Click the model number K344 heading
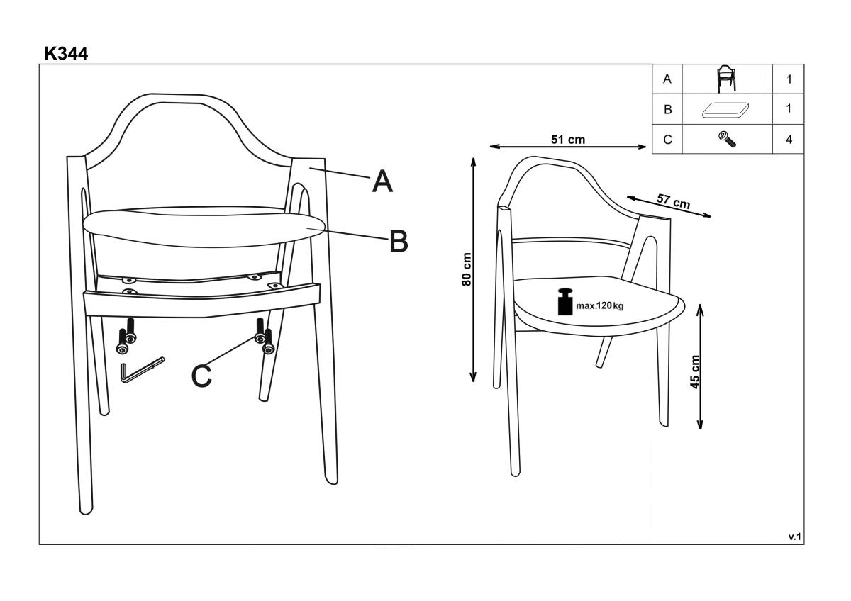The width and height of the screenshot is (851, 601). [x=66, y=54]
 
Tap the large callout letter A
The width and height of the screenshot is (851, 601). [x=382, y=181]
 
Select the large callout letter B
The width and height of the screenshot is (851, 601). [x=399, y=241]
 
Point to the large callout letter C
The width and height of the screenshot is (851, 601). [x=201, y=376]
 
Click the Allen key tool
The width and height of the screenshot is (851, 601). [x=143, y=370]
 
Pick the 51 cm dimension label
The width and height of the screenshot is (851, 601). [x=568, y=140]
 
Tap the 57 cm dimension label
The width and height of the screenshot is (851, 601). [x=673, y=201]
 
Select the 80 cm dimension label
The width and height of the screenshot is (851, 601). [x=467, y=269]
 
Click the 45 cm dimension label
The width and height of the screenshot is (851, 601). [x=694, y=371]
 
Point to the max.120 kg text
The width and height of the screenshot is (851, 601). [x=599, y=305]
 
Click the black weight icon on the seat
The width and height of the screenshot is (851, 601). [x=565, y=302]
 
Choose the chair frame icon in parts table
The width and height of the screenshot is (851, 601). [x=726, y=79]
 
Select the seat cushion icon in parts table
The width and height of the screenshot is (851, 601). [x=725, y=110]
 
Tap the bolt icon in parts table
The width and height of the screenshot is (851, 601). [x=727, y=140]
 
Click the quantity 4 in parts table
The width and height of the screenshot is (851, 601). [x=789, y=140]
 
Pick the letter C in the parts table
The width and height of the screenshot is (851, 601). [x=667, y=140]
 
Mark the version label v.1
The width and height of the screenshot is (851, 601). [x=794, y=537]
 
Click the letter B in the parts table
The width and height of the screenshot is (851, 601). [x=667, y=109]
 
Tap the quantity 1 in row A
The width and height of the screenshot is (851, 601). [x=789, y=79]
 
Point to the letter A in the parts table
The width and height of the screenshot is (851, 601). [x=667, y=79]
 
